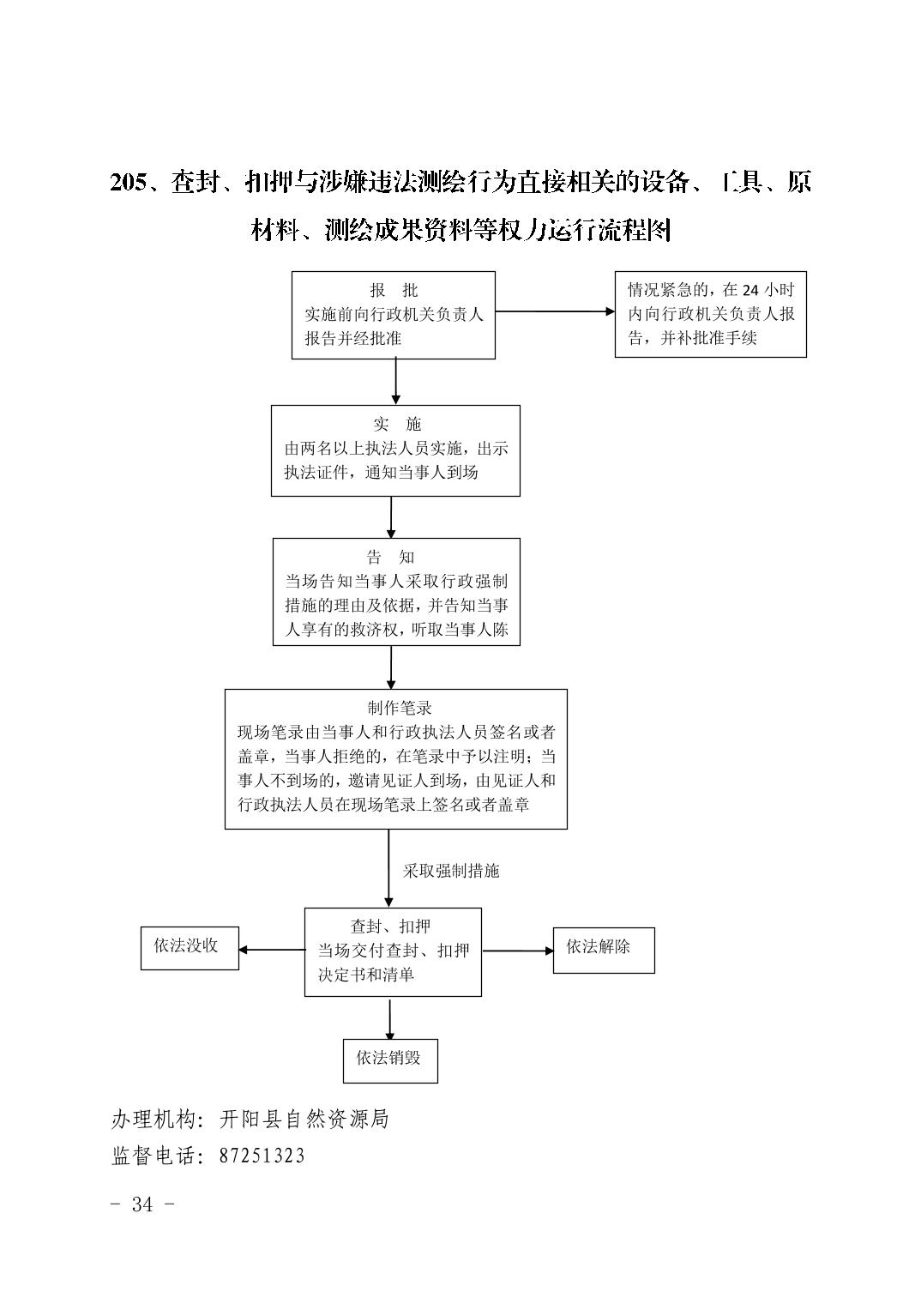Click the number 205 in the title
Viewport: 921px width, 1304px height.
129,183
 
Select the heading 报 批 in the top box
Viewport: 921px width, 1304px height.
394,290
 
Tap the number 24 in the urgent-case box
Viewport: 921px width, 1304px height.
750,290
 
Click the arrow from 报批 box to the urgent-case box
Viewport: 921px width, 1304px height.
555,311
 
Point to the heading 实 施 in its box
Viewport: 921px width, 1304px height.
397,424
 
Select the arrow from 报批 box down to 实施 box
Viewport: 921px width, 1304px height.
395,381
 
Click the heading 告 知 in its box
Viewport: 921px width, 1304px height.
390,557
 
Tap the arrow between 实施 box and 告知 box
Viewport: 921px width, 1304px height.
391,517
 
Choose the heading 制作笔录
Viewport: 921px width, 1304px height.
400,708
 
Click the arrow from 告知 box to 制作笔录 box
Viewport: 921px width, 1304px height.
391,667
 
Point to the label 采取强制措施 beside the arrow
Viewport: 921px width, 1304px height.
451,871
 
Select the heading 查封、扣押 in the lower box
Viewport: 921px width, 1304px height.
390,927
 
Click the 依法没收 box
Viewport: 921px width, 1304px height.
190,948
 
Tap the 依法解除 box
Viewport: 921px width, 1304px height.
604,950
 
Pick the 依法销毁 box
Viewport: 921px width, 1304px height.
390,1060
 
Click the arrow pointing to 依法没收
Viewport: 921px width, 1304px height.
272,950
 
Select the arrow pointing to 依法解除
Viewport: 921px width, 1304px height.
518,951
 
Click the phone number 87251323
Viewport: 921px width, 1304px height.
262,1156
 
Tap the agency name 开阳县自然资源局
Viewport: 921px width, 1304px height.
304,1119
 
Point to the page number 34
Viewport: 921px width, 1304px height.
142,1204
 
